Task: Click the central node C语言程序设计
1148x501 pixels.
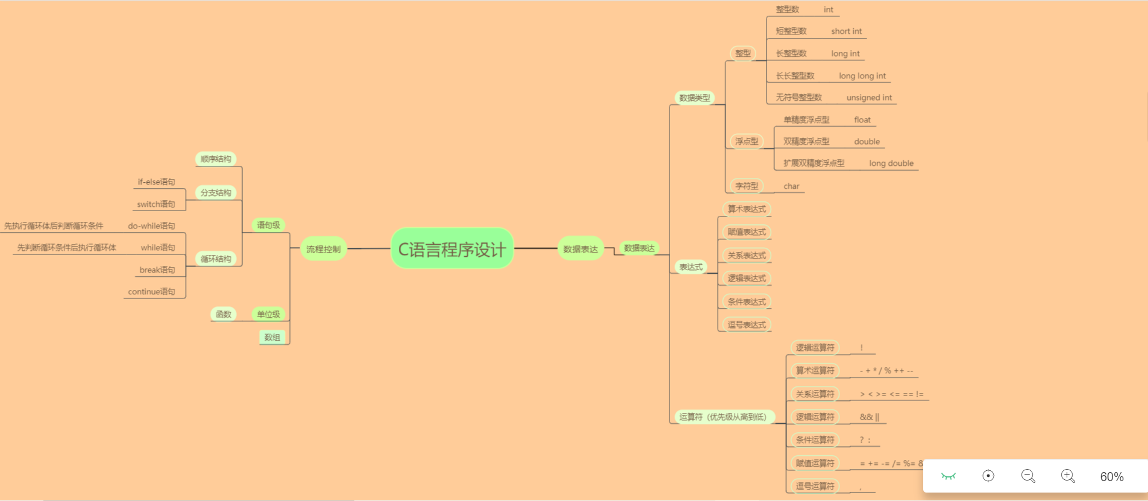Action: click(452, 248)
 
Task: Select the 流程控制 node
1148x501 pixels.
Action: click(323, 249)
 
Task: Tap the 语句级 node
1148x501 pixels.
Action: click(268, 225)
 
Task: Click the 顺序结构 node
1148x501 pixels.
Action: click(216, 159)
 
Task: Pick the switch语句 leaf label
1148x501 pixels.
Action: click(156, 204)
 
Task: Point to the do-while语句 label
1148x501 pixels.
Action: click(151, 226)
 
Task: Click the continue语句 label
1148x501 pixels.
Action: click(151, 292)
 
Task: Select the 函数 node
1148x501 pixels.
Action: click(224, 314)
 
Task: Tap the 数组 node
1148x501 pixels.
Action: click(272, 338)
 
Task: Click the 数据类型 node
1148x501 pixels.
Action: click(694, 98)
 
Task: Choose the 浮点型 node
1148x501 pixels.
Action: click(747, 142)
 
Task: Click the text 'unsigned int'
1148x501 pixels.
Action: click(869, 98)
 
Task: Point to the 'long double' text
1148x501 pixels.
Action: click(891, 163)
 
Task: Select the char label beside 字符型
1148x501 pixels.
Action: click(791, 186)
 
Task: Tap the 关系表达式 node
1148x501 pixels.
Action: click(747, 256)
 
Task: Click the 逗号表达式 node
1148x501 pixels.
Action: click(747, 325)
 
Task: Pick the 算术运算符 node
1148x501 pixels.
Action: click(815, 371)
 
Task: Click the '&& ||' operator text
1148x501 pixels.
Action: click(870, 417)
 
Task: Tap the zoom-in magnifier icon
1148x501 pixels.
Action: click(1068, 476)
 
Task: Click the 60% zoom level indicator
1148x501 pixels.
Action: click(1112, 477)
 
